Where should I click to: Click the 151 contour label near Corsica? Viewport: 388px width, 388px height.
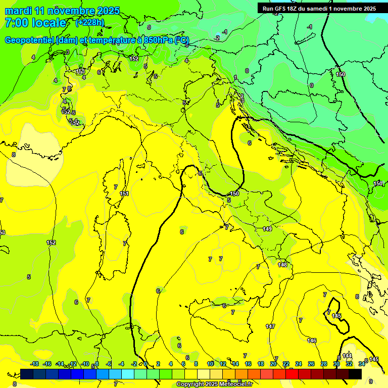coord(124,193)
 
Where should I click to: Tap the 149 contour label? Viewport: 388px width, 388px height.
coord(268,229)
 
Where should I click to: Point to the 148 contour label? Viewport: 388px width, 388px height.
coord(282,265)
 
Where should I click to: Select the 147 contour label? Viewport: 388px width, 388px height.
coord(270,327)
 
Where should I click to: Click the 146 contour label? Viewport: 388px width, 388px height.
coord(312,341)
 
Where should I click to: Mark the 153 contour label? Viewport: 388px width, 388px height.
coord(80,72)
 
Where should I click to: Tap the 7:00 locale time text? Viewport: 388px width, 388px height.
coord(35,23)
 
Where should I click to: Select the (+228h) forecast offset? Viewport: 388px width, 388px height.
coord(89,23)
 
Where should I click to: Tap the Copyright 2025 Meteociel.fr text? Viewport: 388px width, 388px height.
coord(218,384)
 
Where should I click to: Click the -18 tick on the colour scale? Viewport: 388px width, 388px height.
coord(34,364)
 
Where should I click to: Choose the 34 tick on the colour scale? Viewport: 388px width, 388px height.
coord(362,364)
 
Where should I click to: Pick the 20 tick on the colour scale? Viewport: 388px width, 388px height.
coord(273,364)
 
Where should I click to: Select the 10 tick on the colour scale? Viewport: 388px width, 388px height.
coord(210,364)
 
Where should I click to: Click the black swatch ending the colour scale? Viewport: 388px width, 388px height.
coord(355,374)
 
